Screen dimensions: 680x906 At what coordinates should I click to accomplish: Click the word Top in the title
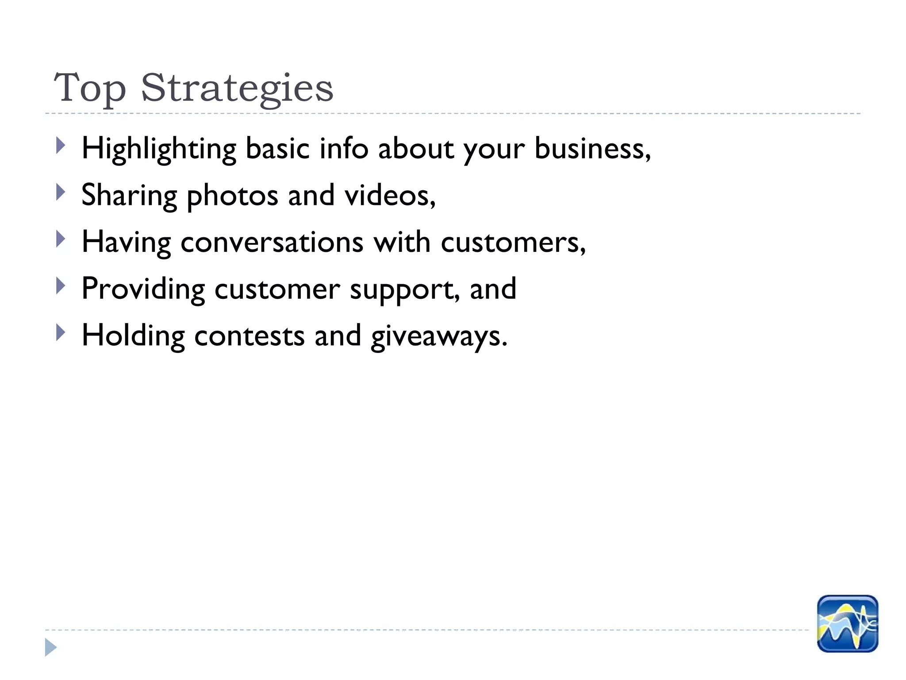coord(90,89)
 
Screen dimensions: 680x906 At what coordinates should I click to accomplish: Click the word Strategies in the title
coord(237,89)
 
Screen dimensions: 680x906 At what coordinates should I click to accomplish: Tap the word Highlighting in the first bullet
coord(159,149)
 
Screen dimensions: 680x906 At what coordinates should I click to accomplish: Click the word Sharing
coord(129,196)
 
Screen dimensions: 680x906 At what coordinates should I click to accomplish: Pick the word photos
coord(232,196)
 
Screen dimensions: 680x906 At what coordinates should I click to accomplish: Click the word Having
coord(126,243)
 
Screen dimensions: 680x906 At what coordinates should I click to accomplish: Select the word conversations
coord(272,243)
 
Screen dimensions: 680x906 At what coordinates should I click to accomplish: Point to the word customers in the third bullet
coord(513,243)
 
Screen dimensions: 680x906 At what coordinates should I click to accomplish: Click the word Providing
coord(143,290)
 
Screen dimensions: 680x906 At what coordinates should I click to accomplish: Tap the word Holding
coord(133,336)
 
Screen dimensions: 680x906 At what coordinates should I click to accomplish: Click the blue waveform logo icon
coord(847,623)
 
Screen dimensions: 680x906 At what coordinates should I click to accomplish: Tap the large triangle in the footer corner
coord(50,647)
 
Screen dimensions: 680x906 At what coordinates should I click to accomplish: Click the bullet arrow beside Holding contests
coord(61,332)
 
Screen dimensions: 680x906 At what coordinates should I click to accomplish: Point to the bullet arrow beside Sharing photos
coord(61,192)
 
